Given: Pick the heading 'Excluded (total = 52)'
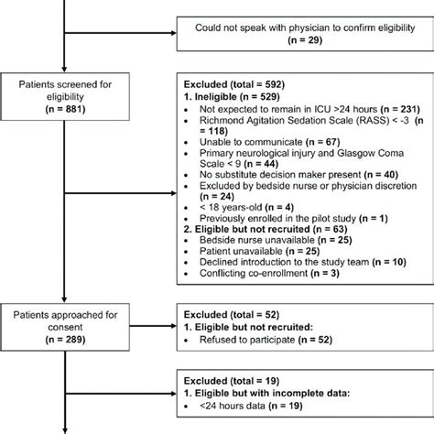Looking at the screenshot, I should [x=223, y=312].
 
